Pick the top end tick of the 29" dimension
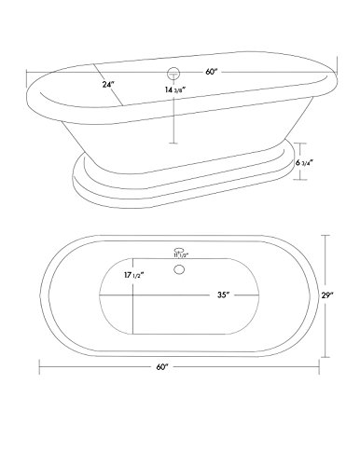326,234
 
